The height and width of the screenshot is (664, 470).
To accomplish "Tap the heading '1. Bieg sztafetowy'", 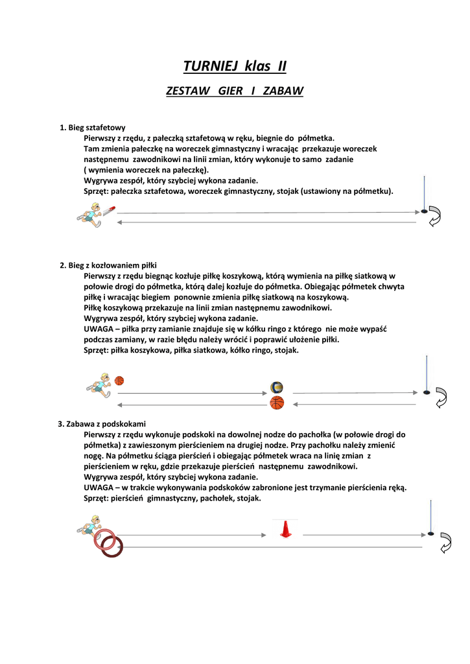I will (x=93, y=128).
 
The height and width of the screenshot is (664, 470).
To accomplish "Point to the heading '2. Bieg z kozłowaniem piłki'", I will (x=108, y=265).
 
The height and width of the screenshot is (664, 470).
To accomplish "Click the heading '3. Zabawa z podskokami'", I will (x=102, y=424).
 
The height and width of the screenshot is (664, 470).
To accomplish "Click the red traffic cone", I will (x=284, y=529).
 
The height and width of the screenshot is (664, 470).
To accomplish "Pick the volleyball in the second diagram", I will (x=277, y=388).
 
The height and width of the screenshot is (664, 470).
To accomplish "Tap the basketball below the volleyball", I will (x=277, y=403).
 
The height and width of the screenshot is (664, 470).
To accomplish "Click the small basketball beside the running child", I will (x=119, y=381).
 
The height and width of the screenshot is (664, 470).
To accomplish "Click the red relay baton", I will (x=110, y=209).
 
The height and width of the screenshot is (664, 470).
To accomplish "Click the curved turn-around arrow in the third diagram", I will (x=445, y=542).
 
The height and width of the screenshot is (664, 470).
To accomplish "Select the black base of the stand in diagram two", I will (x=426, y=392).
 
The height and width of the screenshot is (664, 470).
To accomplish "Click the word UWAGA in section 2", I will (x=97, y=329).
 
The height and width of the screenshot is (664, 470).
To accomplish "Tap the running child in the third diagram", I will (x=89, y=524).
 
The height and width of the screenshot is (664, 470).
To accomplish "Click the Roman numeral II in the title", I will (x=281, y=66).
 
